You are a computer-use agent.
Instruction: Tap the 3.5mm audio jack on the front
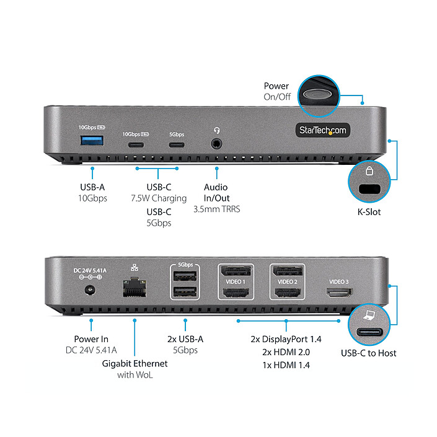point(216,144)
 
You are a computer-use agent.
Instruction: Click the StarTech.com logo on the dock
point(321,130)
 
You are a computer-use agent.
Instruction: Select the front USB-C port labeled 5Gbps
point(176,145)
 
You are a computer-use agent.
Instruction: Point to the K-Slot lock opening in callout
point(369,189)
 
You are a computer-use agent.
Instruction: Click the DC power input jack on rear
point(92,290)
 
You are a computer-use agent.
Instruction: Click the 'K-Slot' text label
point(369,212)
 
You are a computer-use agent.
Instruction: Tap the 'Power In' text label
point(91,339)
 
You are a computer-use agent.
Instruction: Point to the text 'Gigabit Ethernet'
point(135,363)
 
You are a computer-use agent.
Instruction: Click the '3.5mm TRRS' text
point(216,210)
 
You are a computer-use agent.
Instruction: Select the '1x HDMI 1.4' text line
point(286,365)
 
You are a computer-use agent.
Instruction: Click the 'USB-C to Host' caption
point(369,353)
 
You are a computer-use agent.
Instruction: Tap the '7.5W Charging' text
point(159,198)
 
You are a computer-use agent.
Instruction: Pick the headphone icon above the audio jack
point(216,131)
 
